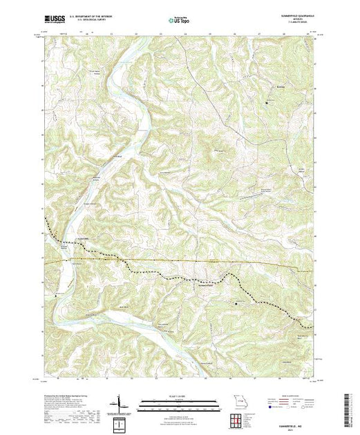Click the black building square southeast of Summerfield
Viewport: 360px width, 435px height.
click(x=238, y=302)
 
